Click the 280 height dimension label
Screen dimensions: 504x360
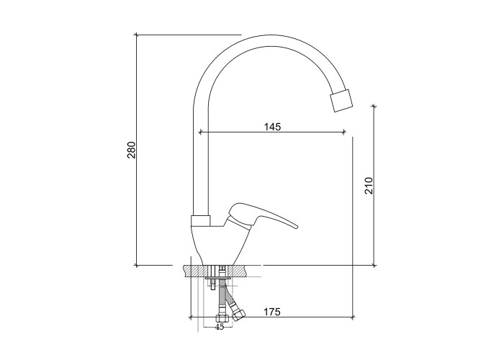[132, 150]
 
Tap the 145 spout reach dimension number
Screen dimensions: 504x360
[273, 127]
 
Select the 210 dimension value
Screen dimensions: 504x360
[369, 186]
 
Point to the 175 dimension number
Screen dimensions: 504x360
[272, 312]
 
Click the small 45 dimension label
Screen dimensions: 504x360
[219, 327]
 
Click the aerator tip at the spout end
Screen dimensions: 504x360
[341, 100]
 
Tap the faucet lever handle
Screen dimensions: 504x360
[262, 216]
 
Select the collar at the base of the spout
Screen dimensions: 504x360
[201, 221]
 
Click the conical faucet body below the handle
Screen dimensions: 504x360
[222, 244]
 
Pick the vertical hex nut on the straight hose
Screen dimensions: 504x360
[222, 319]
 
